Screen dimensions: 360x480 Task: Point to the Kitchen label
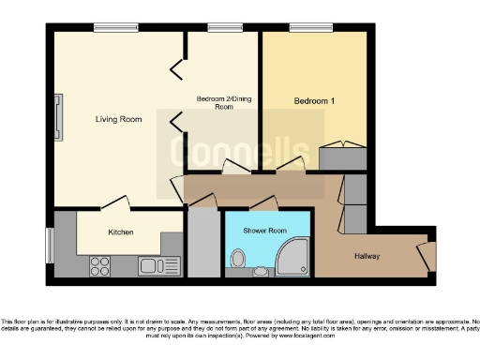121,232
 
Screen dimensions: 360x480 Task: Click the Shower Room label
263,230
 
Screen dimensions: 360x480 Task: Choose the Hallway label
367,256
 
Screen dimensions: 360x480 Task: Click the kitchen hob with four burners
99,265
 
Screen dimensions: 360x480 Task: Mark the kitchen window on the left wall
50,246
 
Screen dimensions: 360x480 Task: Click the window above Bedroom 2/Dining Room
221,27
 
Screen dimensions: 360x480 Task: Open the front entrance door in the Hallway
425,254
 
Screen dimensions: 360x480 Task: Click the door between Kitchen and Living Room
114,202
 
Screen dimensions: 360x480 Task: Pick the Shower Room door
265,201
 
